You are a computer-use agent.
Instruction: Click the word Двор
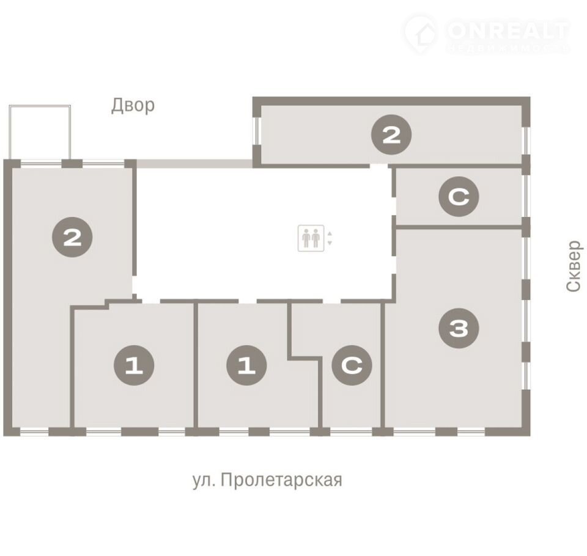(x=133, y=106)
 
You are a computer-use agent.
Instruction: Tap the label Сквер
(x=574, y=266)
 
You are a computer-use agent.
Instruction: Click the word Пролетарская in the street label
(x=281, y=480)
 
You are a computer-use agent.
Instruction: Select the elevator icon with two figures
(x=311, y=238)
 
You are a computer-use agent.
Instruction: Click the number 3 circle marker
(x=459, y=328)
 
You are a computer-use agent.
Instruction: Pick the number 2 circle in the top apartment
(x=391, y=134)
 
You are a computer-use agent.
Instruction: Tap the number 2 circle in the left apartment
(x=72, y=237)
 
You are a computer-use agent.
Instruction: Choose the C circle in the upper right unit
(x=459, y=197)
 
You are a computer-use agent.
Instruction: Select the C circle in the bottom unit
(x=352, y=365)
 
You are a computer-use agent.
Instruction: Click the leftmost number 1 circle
(x=134, y=365)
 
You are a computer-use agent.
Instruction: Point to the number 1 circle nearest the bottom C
(x=246, y=365)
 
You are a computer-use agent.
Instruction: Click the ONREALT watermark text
(x=508, y=31)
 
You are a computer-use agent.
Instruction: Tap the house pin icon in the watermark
(x=421, y=34)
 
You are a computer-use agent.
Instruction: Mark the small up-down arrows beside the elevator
(x=330, y=238)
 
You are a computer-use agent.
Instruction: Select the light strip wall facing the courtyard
(x=194, y=163)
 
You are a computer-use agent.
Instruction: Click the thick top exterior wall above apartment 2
(x=391, y=101)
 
